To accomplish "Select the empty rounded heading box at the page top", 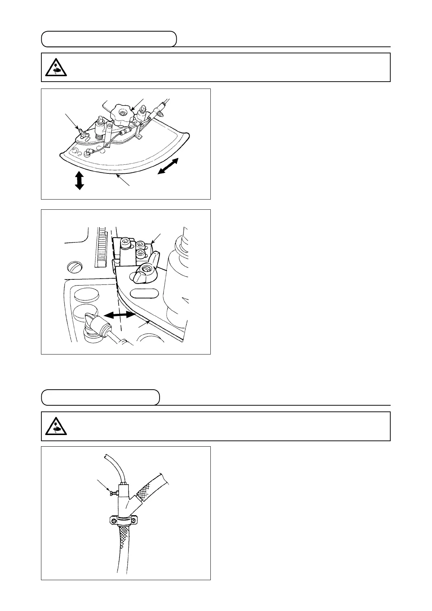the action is coord(109,39).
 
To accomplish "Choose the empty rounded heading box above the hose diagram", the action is coord(100,397).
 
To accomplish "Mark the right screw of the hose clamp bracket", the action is coord(135,521).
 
